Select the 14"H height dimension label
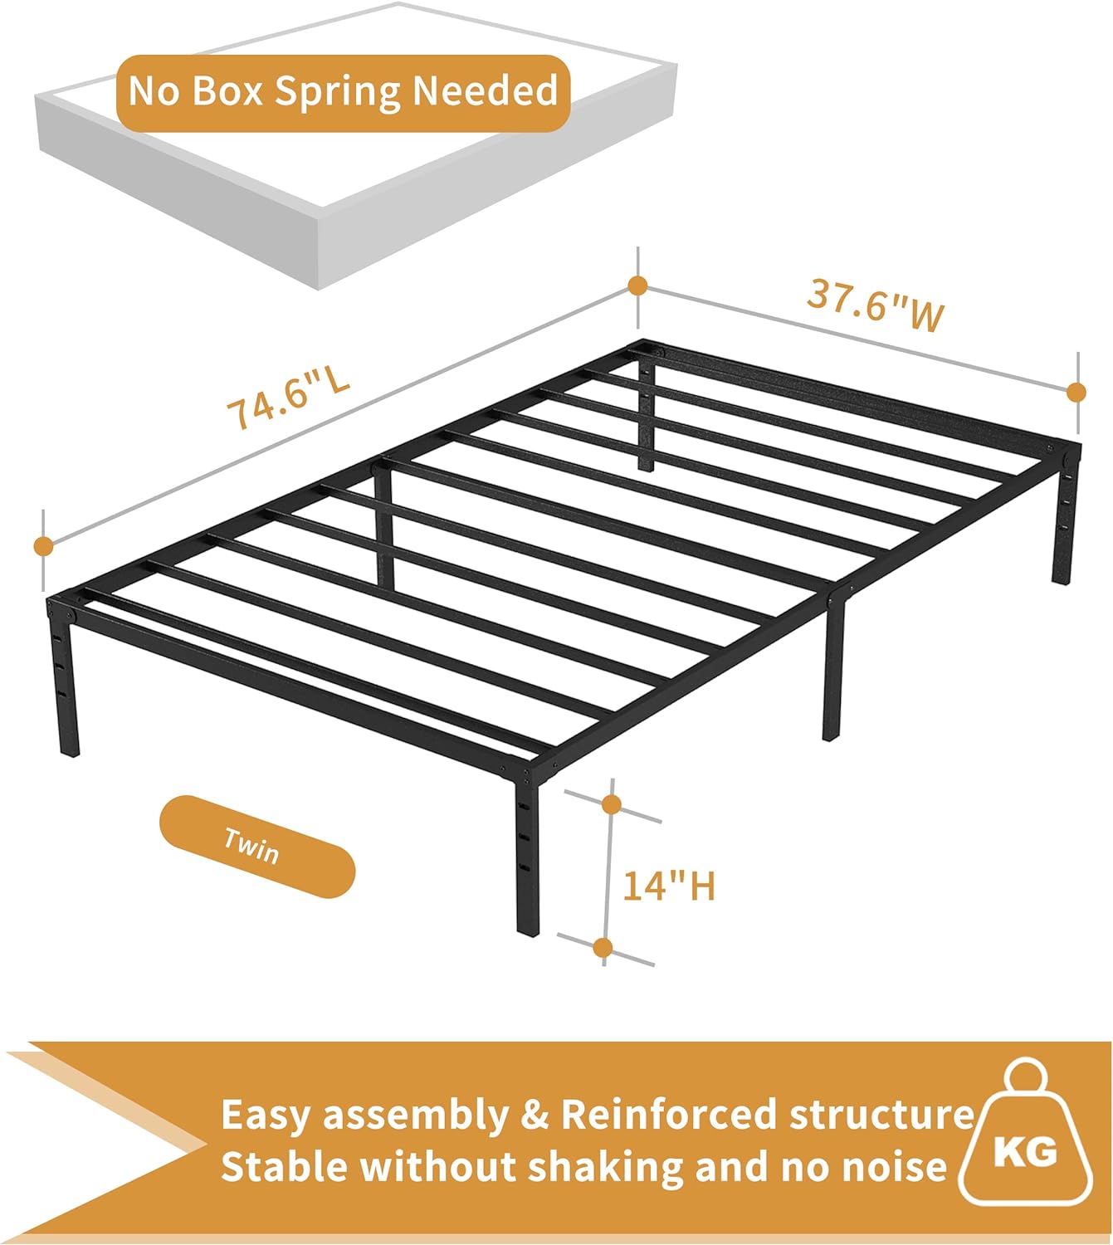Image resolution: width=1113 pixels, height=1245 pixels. (x=669, y=886)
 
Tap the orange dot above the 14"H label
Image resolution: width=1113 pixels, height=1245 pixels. (x=612, y=803)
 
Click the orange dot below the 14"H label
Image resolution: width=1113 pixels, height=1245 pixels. (x=604, y=947)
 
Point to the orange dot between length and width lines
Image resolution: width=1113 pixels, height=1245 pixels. (x=637, y=286)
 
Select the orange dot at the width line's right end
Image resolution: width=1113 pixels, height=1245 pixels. (x=1076, y=391)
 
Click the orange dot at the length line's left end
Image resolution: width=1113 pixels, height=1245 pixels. (x=43, y=545)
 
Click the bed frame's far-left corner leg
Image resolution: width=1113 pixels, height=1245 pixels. (x=66, y=681)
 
